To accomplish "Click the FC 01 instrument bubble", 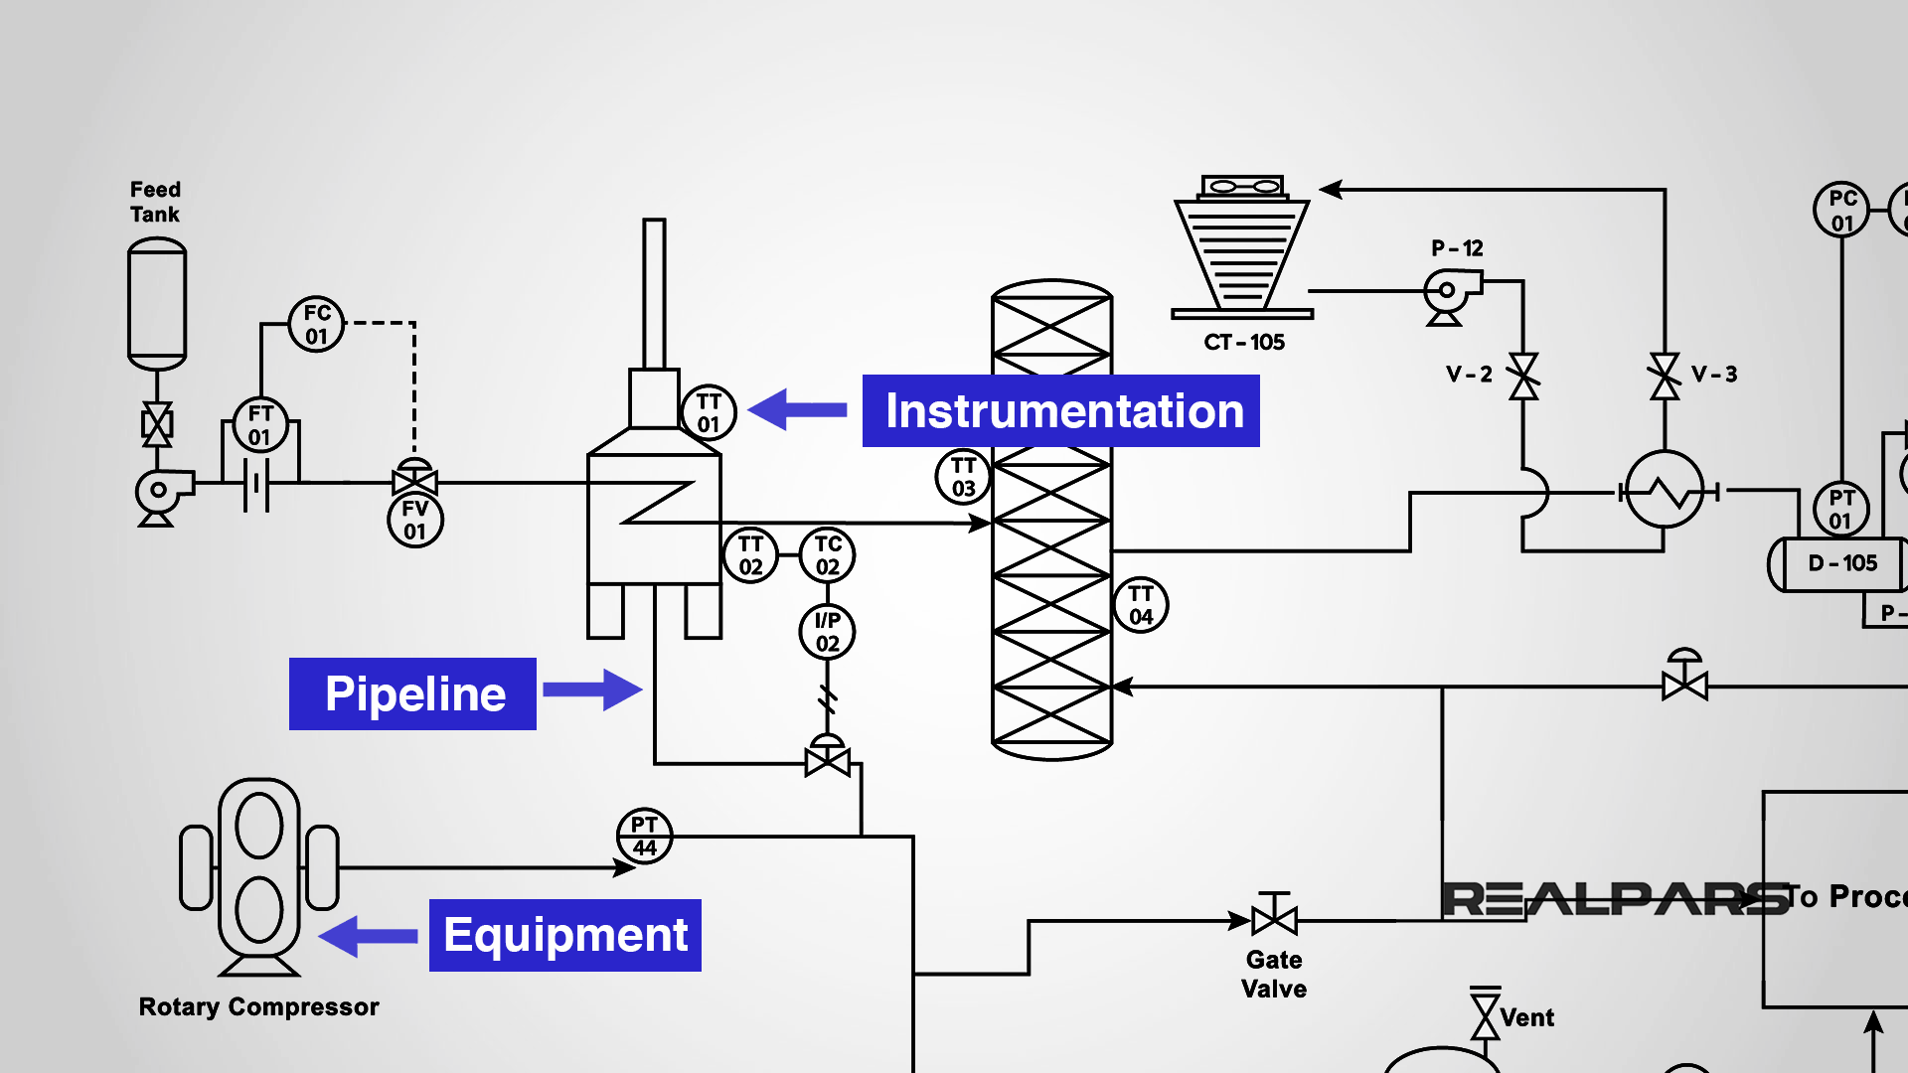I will [x=316, y=324].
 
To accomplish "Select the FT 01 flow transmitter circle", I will [x=260, y=425].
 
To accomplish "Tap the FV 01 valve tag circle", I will [x=415, y=520].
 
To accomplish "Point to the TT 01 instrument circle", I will [x=709, y=412].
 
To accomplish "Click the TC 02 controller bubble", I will [x=828, y=555].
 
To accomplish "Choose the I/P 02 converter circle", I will [x=828, y=632].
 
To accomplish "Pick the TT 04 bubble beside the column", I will [x=1141, y=605].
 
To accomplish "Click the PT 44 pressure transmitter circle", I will [x=645, y=837].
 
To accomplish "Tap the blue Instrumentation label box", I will [x=1060, y=411].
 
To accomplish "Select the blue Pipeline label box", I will [x=412, y=693].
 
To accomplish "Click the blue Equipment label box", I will [x=564, y=935].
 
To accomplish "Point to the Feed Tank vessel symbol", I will [x=157, y=303].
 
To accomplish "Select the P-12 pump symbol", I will [x=1449, y=296].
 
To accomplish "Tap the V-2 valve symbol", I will [x=1523, y=377].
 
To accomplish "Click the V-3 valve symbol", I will [x=1666, y=377].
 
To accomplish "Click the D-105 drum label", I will [x=1842, y=563].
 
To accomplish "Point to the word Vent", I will [x=1527, y=1017].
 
